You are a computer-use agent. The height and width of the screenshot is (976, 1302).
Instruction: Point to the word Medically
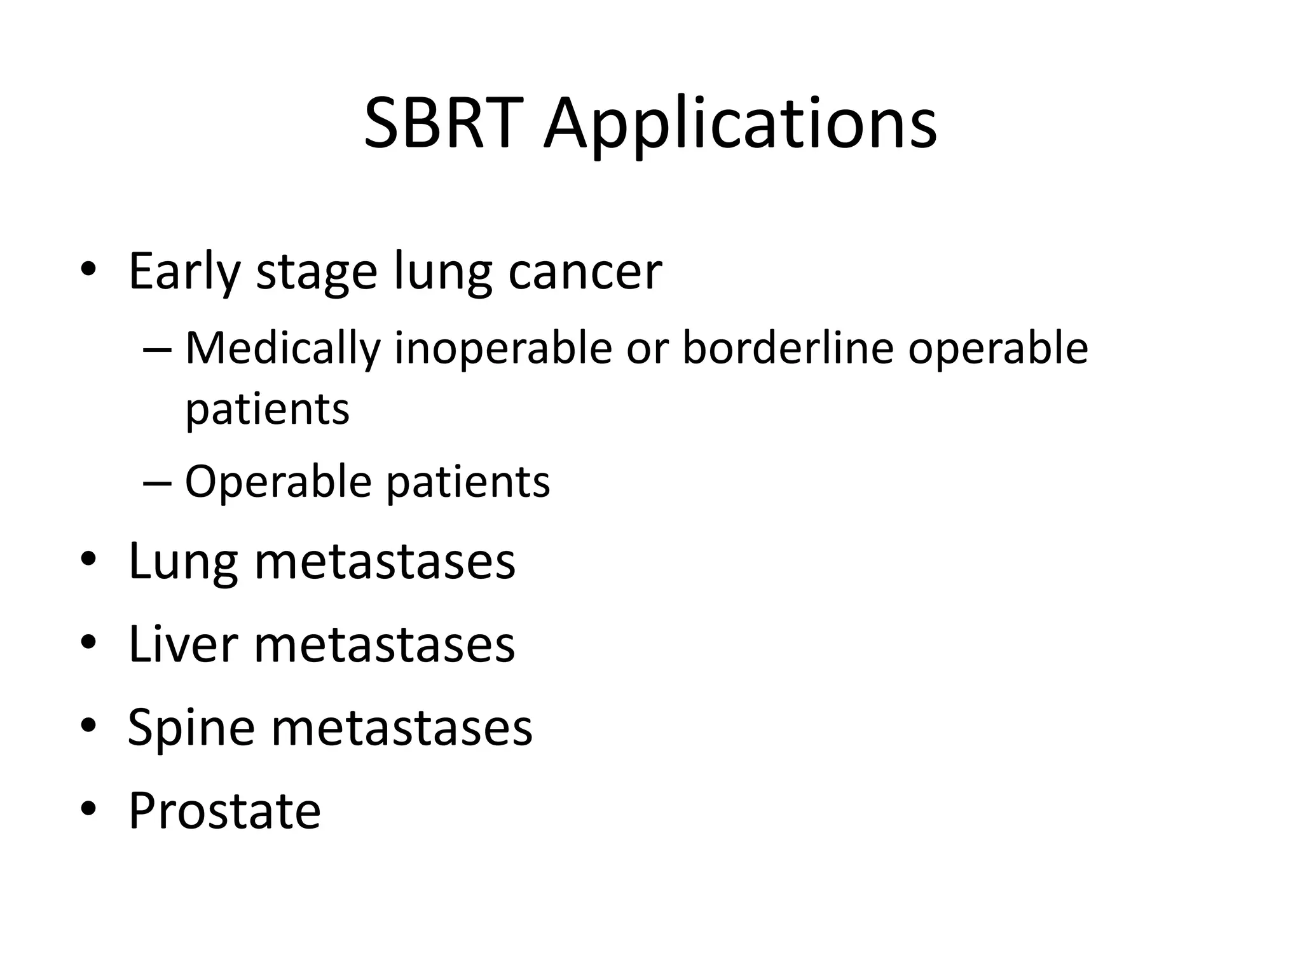[x=283, y=349]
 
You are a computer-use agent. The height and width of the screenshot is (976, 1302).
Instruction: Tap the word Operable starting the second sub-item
[x=278, y=482]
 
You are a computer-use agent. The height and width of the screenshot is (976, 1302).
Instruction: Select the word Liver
[x=183, y=644]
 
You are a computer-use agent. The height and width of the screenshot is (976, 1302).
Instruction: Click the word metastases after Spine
[x=402, y=728]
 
